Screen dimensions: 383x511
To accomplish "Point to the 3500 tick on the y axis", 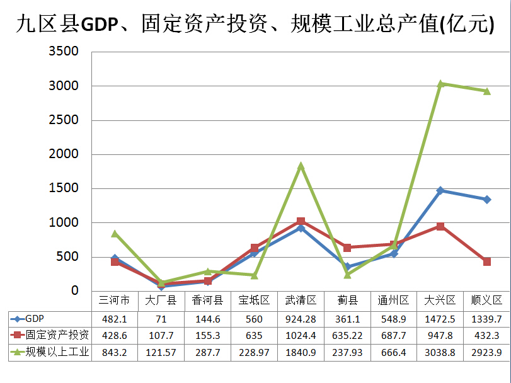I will pyautogui.click(x=65, y=52).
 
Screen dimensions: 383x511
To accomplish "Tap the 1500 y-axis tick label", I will pyautogui.click(x=65, y=188).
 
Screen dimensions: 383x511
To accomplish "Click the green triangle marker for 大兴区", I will pyautogui.click(x=441, y=83).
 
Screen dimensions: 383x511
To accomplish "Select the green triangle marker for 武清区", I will pyautogui.click(x=301, y=166).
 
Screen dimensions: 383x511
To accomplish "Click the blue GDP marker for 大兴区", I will pyautogui.click(x=441, y=190).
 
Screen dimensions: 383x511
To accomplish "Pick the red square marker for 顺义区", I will pyautogui.click(x=487, y=261).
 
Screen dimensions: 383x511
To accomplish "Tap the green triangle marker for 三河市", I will pyautogui.click(x=115, y=234).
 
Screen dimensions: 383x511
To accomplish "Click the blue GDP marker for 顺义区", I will pyautogui.click(x=487, y=200).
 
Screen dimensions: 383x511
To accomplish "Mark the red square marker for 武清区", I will pyautogui.click(x=301, y=221).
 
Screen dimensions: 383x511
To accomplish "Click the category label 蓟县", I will pyautogui.click(x=347, y=300).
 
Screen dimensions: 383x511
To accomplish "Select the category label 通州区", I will pyautogui.click(x=394, y=300).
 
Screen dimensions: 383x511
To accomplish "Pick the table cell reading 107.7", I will pyautogui.click(x=161, y=335).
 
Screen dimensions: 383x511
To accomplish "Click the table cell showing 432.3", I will pyautogui.click(x=487, y=335).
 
